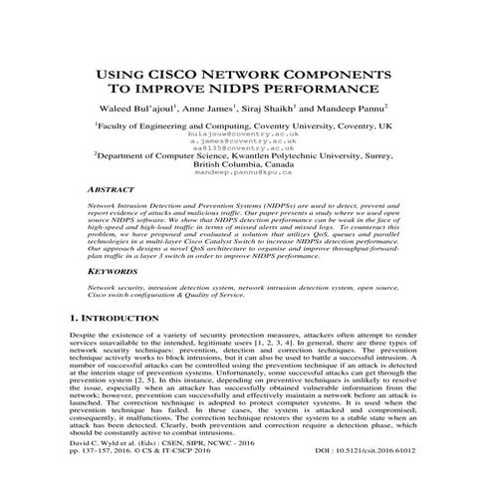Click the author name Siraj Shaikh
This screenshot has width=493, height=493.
(296, 108)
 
